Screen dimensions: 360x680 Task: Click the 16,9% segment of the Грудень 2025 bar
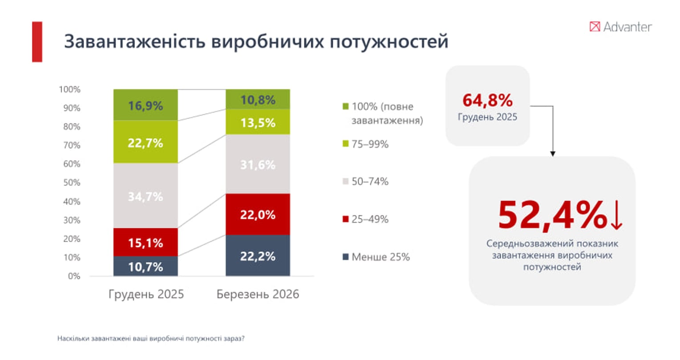[x=146, y=105]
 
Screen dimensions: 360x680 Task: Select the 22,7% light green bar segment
[x=146, y=142]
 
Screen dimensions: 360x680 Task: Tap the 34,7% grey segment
[x=146, y=196]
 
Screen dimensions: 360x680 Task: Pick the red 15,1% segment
[x=146, y=243]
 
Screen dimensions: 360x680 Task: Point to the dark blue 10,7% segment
[x=146, y=267]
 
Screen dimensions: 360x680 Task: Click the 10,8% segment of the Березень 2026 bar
[x=258, y=100]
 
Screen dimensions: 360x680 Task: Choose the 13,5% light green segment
[x=258, y=122]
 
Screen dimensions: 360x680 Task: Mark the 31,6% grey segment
[x=258, y=164]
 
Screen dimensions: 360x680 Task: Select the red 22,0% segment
[x=258, y=214]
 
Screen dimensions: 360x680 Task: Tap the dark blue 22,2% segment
[x=258, y=256]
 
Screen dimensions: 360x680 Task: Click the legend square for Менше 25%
[x=345, y=257]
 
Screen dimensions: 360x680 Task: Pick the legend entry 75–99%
[x=370, y=144]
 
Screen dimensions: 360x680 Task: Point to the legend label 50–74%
[x=370, y=182]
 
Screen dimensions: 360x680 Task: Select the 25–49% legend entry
[x=370, y=219]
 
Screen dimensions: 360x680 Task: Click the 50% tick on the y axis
[x=70, y=182]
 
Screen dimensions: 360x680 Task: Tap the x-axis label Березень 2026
[x=258, y=294]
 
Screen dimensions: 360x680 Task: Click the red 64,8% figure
[x=487, y=101]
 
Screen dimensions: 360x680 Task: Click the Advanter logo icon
[x=595, y=27]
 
